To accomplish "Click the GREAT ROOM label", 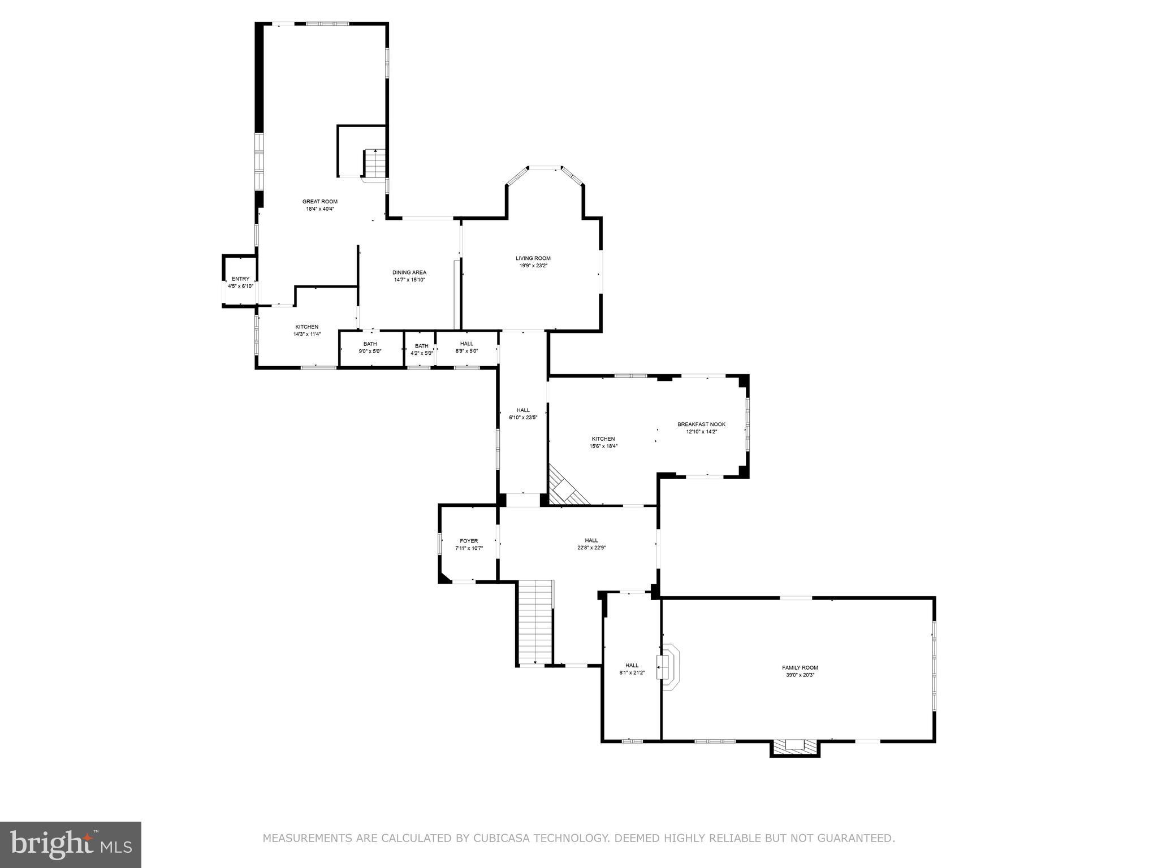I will click(319, 201).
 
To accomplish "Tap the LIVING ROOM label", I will click(533, 258).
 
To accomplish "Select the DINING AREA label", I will click(409, 272).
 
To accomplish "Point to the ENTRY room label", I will click(240, 279).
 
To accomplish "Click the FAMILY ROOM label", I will click(800, 667).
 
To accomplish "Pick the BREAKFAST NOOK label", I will click(701, 424).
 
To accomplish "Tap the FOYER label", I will click(469, 541).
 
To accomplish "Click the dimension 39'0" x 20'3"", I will click(800, 675).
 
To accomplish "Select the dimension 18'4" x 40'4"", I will click(319, 209).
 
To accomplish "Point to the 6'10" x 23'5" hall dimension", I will click(523, 418).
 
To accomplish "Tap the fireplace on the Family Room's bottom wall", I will click(794, 747).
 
